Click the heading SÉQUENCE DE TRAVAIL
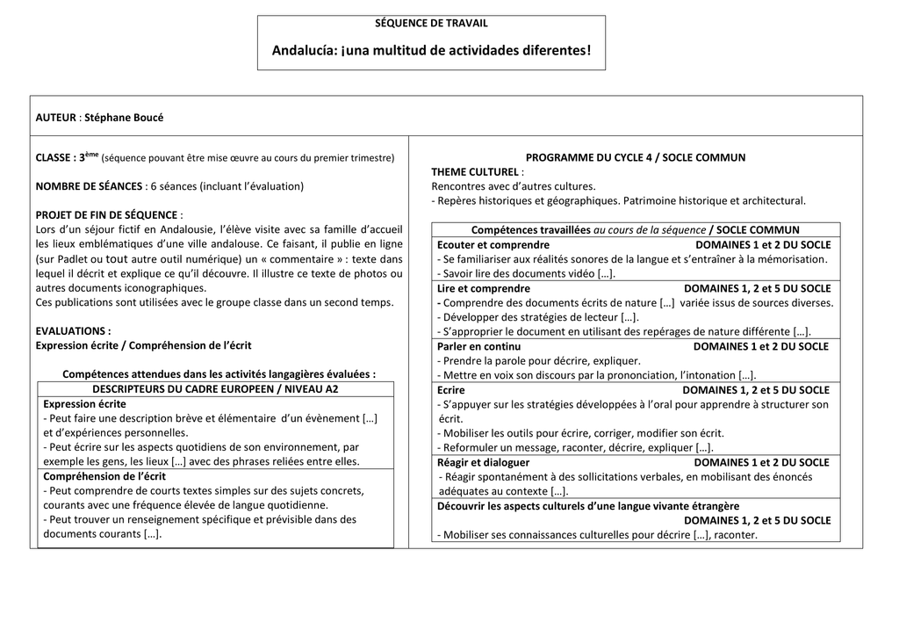click(431, 24)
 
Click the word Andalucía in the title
click(300, 51)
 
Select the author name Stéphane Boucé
click(124, 118)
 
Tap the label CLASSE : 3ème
click(67, 158)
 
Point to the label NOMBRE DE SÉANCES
click(89, 186)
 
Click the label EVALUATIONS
click(73, 331)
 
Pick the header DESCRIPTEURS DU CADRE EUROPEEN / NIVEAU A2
click(215, 388)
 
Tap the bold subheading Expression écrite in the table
click(84, 403)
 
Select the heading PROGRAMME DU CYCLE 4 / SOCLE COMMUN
click(635, 158)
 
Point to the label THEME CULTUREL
click(478, 172)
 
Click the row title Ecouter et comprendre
click(493, 245)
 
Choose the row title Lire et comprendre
click(484, 288)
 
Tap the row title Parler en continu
click(478, 346)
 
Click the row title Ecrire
click(451, 390)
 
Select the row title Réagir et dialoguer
click(484, 462)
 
